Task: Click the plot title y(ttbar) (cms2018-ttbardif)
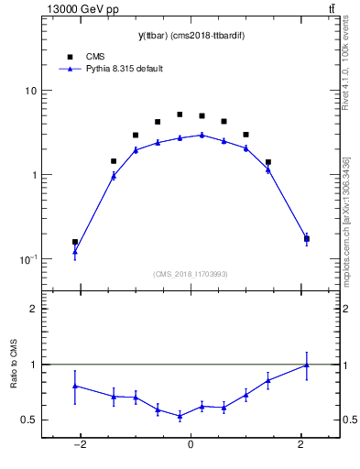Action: (190, 36)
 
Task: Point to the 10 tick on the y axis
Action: (30, 92)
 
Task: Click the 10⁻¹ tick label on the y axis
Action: (27, 260)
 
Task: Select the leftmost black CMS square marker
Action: (75, 242)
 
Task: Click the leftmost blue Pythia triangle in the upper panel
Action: (75, 251)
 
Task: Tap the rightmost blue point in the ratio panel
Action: (306, 365)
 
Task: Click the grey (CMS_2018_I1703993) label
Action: (190, 274)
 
